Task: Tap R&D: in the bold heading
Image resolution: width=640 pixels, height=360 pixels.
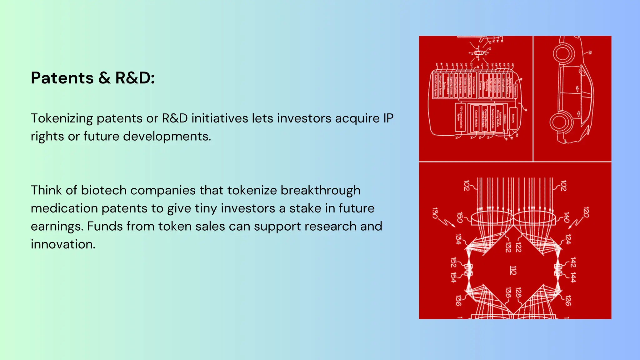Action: click(135, 78)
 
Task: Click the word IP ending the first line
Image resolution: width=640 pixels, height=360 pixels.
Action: click(388, 118)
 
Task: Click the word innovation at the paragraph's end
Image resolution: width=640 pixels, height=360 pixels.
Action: click(63, 244)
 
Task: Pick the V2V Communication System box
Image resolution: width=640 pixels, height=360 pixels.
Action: click(460, 117)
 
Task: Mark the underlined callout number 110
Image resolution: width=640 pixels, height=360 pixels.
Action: click(513, 270)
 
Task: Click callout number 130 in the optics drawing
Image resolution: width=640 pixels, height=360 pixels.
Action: click(435, 213)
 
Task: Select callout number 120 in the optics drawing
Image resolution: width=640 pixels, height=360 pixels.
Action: click(586, 212)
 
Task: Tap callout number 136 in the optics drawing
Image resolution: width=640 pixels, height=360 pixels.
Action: click(458, 300)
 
